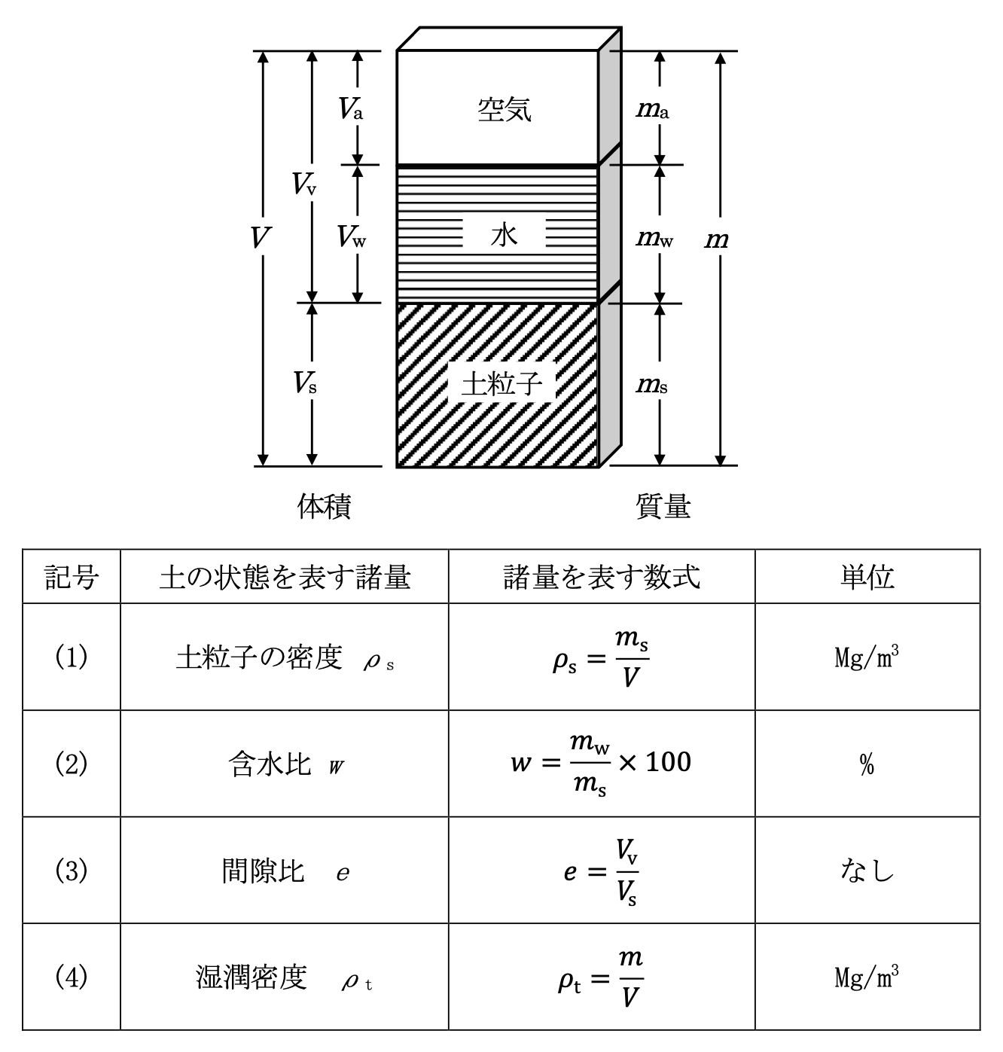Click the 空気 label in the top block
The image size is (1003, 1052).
505,110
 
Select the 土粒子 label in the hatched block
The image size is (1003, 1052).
502,384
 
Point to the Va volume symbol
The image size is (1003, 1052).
350,110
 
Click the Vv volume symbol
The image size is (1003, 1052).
304,183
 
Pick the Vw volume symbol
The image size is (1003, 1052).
352,237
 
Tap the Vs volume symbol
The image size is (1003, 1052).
304,384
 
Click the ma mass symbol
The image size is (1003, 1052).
652,111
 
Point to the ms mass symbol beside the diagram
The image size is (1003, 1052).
652,386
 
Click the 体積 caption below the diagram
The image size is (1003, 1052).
324,506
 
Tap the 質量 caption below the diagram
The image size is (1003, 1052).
663,506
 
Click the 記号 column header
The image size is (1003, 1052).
72,577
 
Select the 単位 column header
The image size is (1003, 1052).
867,577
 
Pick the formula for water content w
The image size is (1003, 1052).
601,764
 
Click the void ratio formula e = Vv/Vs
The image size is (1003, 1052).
601,871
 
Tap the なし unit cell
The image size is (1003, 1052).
867,871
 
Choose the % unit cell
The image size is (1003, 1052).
867,765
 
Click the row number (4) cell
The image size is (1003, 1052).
72,977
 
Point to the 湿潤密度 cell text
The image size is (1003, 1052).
252,978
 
